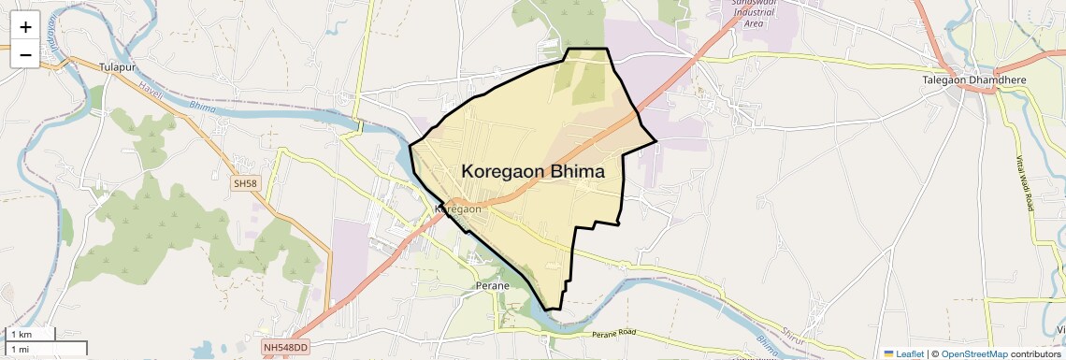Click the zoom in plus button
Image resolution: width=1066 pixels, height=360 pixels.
click(x=25, y=26)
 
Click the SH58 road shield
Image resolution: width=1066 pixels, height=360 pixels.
click(x=245, y=183)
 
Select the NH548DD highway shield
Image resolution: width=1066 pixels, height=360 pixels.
click(x=285, y=347)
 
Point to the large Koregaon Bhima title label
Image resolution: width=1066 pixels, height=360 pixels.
click(x=533, y=172)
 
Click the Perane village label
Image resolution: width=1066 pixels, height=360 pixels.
click(x=492, y=285)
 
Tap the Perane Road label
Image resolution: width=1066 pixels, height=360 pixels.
click(x=613, y=333)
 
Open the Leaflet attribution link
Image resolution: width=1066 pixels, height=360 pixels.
click(x=903, y=353)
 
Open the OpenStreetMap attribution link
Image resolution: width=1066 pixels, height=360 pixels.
click(x=973, y=353)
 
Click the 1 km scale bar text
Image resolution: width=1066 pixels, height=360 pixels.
click(x=21, y=334)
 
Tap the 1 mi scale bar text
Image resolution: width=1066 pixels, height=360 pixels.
click(x=20, y=349)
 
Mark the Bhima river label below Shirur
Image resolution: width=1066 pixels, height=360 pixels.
click(x=769, y=348)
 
